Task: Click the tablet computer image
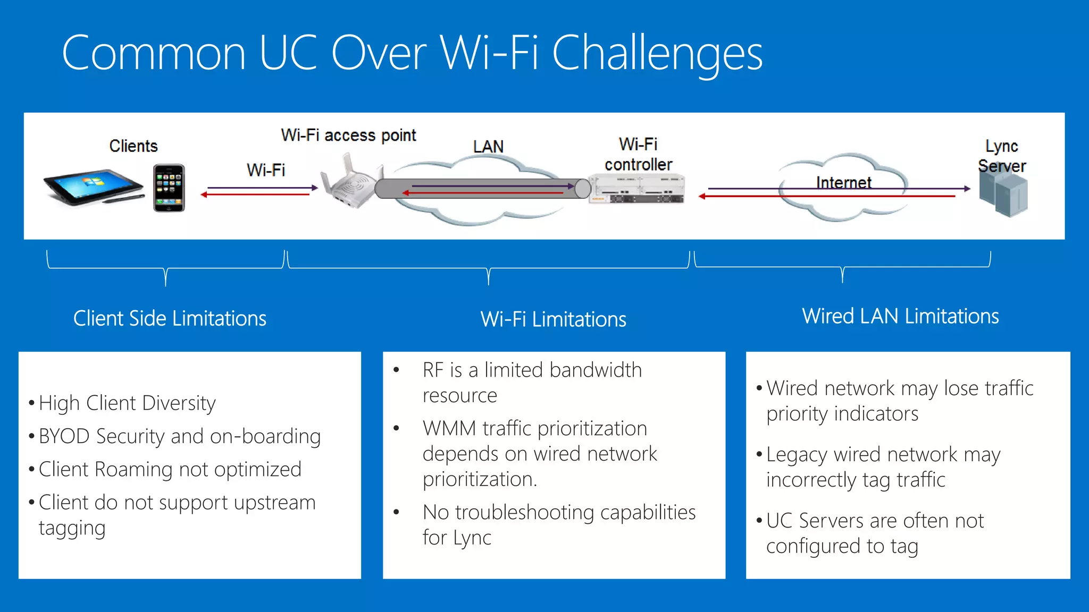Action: [93, 186]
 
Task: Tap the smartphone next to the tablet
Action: [169, 188]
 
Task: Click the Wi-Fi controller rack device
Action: [637, 190]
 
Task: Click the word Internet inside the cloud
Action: [843, 182]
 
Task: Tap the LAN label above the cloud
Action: [488, 147]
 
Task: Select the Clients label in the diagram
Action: [133, 146]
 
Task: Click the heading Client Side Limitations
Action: [170, 318]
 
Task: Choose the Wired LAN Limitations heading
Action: [900, 316]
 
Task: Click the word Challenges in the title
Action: [657, 53]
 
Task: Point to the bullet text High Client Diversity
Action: [127, 403]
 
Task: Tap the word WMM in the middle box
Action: [449, 428]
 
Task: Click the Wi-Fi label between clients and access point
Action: [266, 170]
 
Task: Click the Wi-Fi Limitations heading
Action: [553, 319]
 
